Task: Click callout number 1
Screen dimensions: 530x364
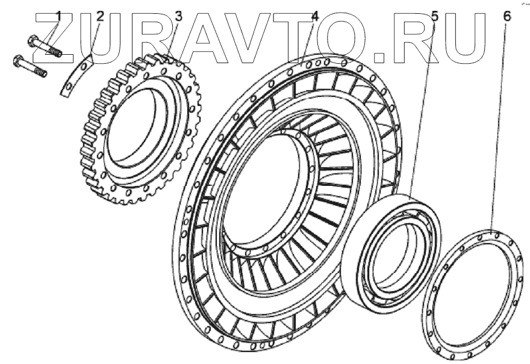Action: coord(59,16)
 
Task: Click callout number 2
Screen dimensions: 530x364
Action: coord(101,16)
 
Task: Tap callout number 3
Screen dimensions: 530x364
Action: coord(178,16)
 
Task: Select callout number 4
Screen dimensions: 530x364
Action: coord(314,16)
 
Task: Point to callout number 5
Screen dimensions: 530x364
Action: coord(435,16)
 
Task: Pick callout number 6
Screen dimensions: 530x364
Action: coord(507,16)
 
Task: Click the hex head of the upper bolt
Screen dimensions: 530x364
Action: coord(33,40)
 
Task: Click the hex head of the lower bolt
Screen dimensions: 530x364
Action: coord(18,60)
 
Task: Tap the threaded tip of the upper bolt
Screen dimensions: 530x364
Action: coord(57,52)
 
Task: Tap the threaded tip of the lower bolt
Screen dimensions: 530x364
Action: coord(41,72)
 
